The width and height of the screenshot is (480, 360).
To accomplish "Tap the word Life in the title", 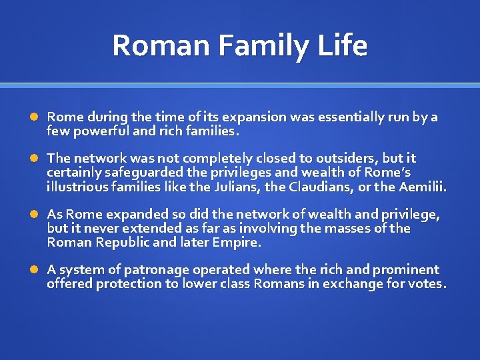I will point(342,46).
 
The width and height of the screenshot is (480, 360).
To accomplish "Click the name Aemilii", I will point(422,187).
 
